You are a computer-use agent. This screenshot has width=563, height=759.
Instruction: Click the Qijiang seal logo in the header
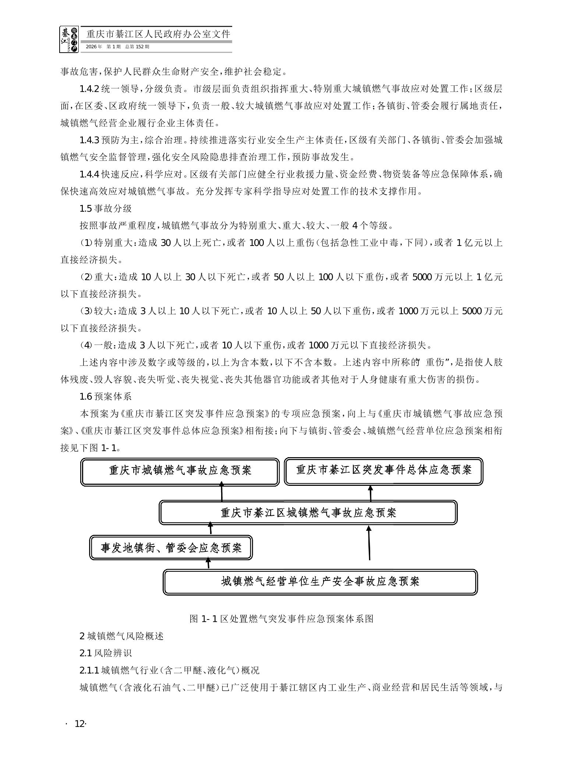[69, 39]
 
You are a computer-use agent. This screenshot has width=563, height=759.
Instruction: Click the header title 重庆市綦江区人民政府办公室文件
[158, 34]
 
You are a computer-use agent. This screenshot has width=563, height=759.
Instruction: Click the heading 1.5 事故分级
[106, 208]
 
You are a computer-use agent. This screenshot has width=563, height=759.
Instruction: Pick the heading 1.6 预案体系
[106, 396]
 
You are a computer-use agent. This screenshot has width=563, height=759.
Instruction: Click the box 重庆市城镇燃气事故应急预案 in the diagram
[180, 472]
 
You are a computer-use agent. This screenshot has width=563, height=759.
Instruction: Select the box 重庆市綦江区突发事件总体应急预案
[383, 471]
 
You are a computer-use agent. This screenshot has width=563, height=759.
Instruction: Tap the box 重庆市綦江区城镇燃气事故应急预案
[308, 512]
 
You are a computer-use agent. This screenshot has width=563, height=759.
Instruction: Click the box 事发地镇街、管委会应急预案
[171, 548]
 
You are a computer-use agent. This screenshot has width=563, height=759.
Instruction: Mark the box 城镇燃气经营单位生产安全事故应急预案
[320, 582]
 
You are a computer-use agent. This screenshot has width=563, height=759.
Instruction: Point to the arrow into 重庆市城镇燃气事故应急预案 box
[222, 493]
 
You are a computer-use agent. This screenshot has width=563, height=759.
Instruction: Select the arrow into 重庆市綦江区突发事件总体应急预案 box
[371, 493]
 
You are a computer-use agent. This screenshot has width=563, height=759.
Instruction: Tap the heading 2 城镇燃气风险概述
[121, 636]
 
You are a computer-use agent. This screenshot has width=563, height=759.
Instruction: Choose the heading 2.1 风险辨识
[106, 653]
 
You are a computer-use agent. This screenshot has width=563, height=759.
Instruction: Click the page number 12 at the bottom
[79, 724]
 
